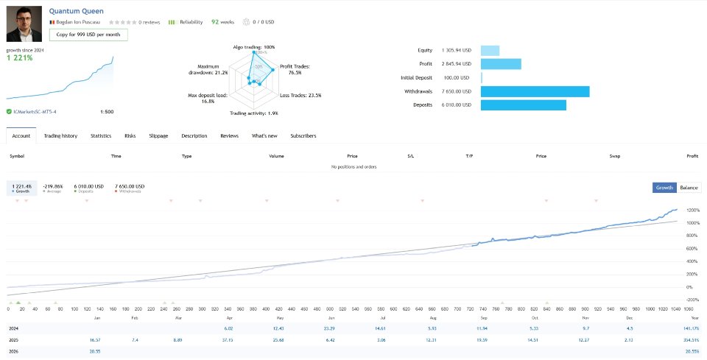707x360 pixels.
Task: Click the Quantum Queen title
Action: (77, 11)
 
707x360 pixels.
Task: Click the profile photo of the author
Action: (24, 24)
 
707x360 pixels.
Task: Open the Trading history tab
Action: (60, 135)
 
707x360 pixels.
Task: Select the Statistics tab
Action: (101, 135)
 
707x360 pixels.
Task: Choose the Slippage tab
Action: (158, 135)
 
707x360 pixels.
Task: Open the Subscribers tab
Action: (303, 135)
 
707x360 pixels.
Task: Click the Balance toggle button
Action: (689, 188)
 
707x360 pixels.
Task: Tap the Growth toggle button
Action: (664, 188)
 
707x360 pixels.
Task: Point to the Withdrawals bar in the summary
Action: (535, 91)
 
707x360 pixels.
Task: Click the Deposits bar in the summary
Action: (523, 105)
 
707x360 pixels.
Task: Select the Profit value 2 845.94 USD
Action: (456, 64)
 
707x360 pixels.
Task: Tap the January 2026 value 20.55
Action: (94, 353)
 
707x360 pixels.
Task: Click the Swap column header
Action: (615, 156)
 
